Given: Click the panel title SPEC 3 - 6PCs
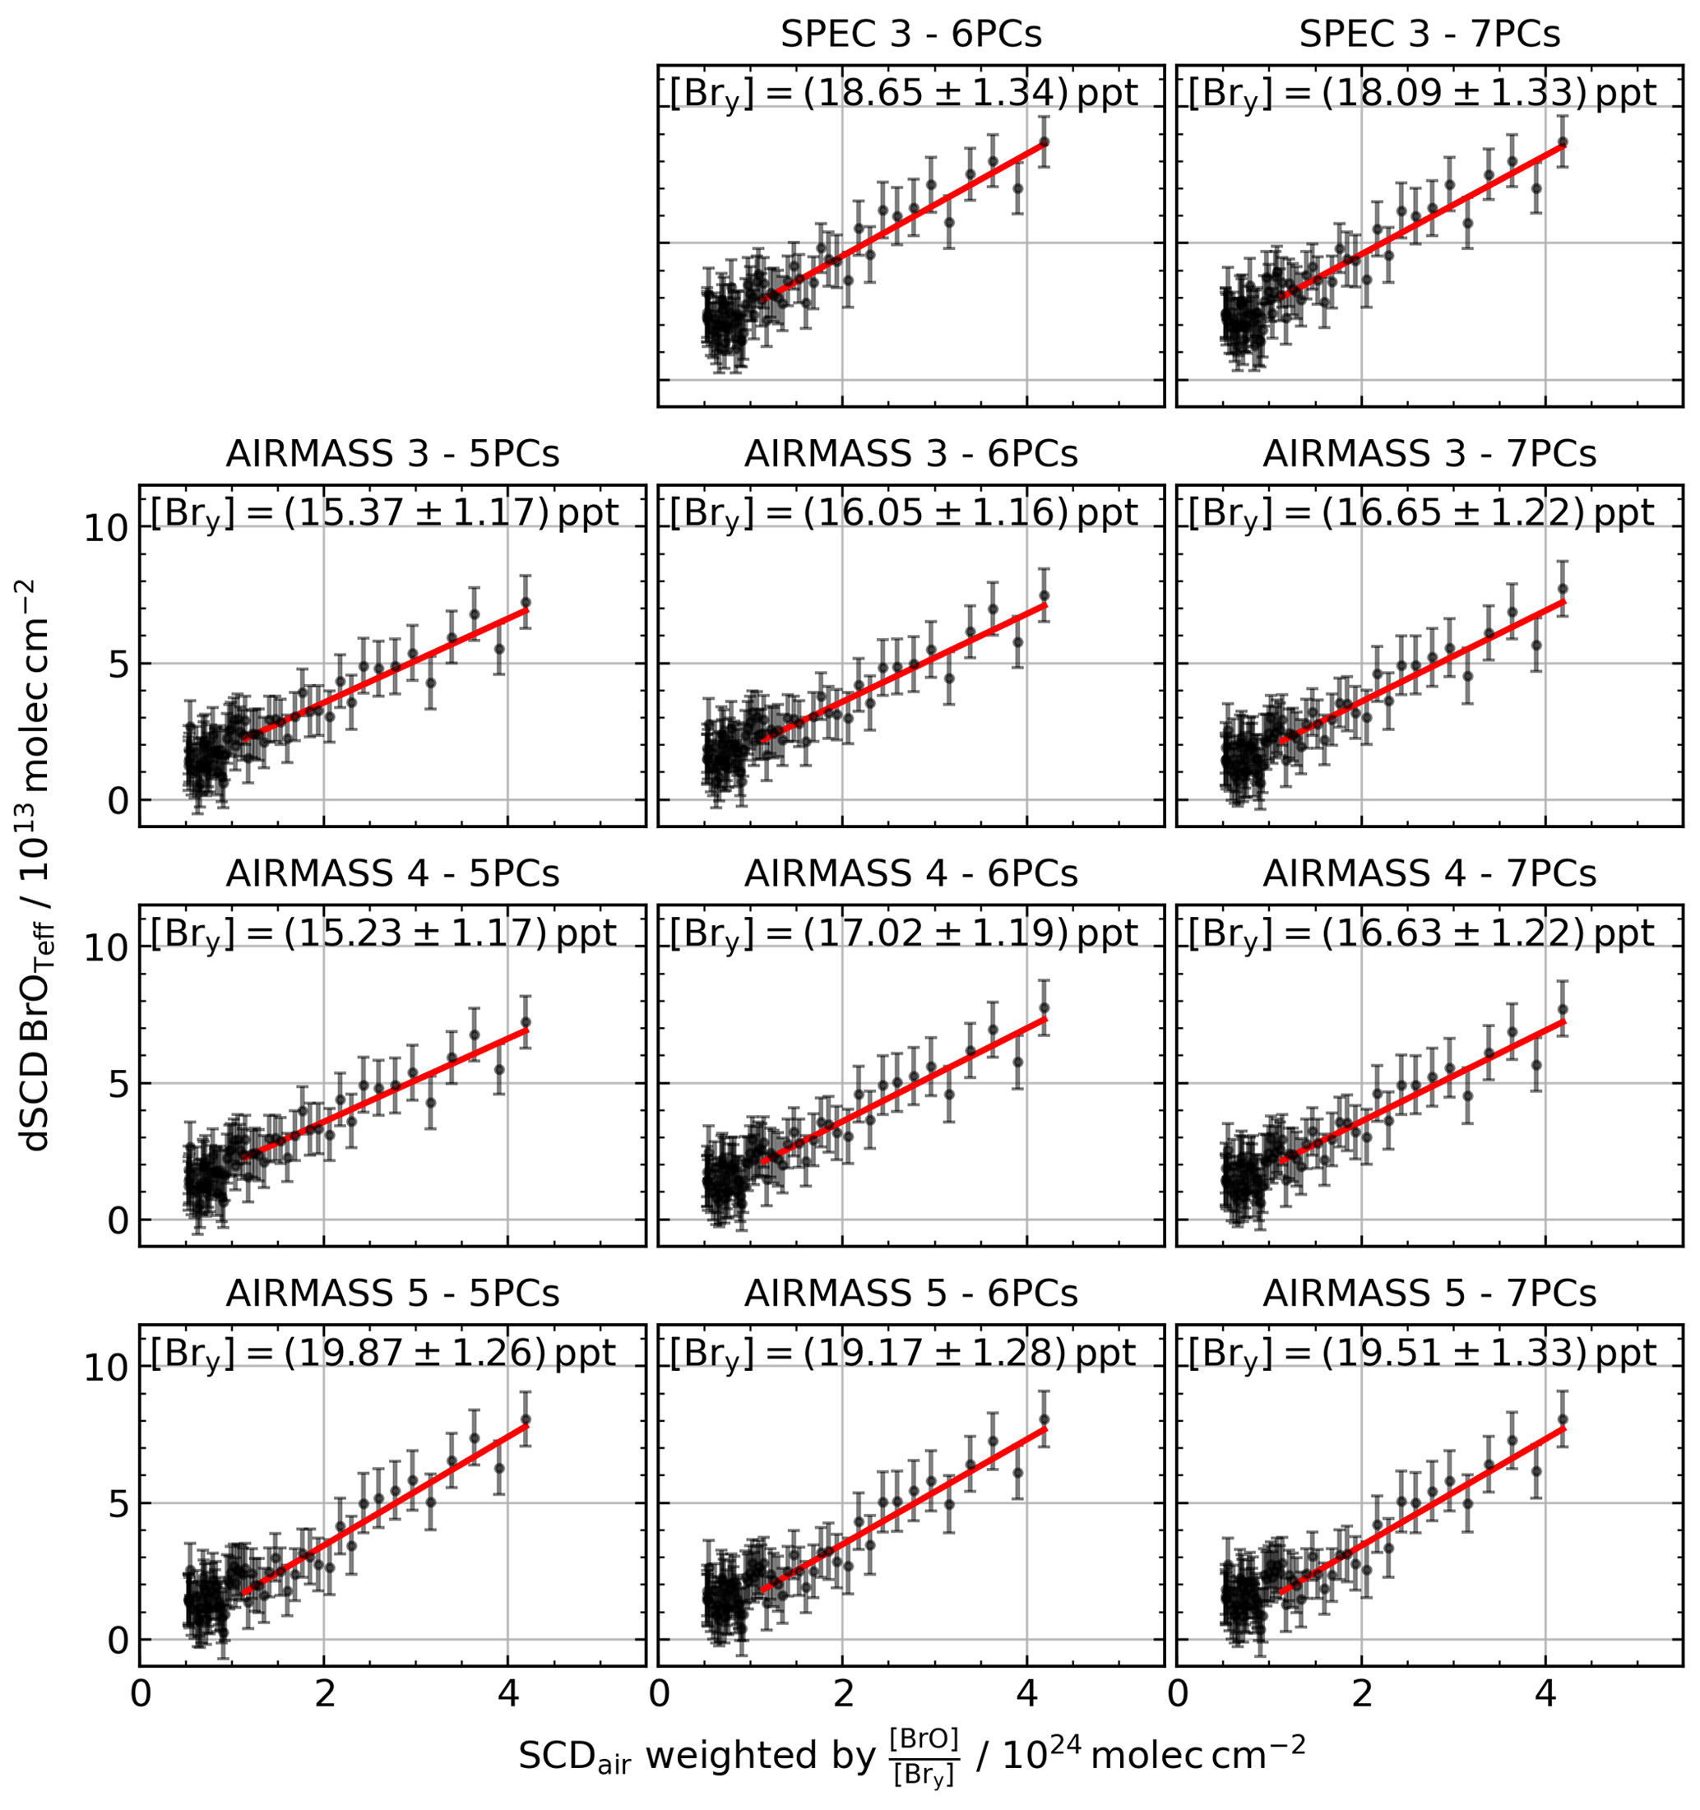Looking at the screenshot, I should [x=910, y=35].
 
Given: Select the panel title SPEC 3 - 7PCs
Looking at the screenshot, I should [x=1429, y=35].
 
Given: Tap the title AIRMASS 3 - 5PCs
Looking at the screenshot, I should [x=392, y=453].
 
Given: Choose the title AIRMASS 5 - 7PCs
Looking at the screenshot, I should [x=1429, y=1293].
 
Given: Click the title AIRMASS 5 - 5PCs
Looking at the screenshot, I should [x=392, y=1293].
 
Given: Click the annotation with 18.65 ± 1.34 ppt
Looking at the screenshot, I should [x=903, y=94].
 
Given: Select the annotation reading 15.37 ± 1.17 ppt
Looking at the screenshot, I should [x=384, y=513].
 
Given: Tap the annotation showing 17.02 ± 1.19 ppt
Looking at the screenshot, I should [x=903, y=933].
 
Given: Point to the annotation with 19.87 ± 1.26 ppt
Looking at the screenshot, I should [x=384, y=1353].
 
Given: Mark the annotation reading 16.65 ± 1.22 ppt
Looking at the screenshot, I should [x=1421, y=513].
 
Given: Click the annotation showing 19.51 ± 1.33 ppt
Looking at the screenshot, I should [x=1421, y=1353].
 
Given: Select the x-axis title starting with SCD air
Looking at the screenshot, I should [x=910, y=1753].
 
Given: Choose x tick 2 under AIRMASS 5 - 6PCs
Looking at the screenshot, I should [x=842, y=1697].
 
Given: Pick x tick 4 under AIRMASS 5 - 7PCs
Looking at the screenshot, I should [x=1545, y=1697].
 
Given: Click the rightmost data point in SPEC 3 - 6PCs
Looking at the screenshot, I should [x=1044, y=142].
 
